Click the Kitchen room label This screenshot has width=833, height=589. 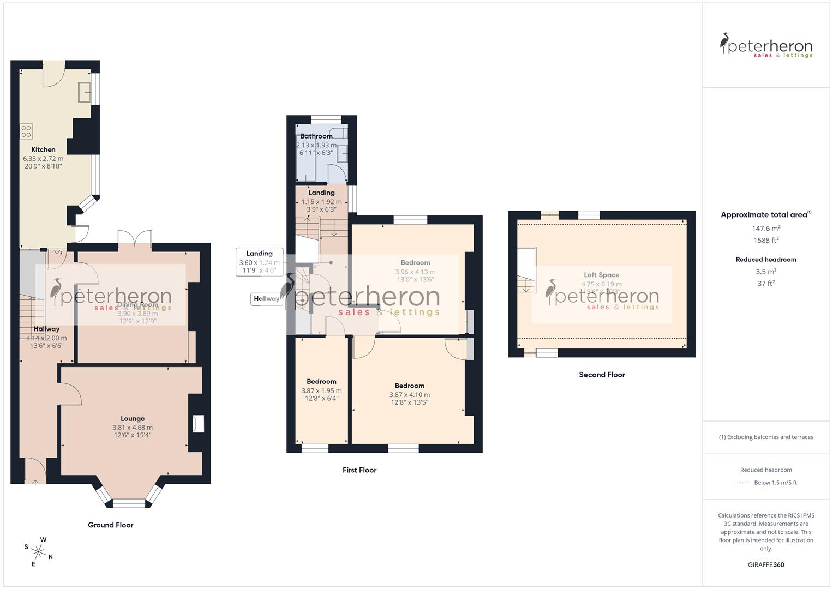coord(43,149)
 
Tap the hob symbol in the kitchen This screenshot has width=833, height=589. coord(26,131)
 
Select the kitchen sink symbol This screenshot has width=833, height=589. coord(85,92)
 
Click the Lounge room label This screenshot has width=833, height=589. coord(133,419)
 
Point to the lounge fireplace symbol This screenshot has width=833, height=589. coord(198,424)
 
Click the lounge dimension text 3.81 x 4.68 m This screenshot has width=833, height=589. coord(133,428)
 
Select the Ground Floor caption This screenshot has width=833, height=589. coord(111,525)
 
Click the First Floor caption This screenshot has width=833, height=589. coord(359,470)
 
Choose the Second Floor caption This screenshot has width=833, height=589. coord(602,375)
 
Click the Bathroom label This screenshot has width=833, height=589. coord(316,136)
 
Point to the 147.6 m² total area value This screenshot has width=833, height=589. coord(766,229)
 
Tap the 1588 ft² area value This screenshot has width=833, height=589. coord(766,240)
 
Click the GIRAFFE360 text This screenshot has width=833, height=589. coord(766,565)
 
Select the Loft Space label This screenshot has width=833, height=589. coord(601,275)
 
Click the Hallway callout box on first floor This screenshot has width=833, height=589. coord(267,299)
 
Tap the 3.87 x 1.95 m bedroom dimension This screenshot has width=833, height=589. coord(321,390)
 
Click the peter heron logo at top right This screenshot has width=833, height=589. coord(766,46)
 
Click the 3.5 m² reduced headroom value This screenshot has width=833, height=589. coord(766,272)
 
